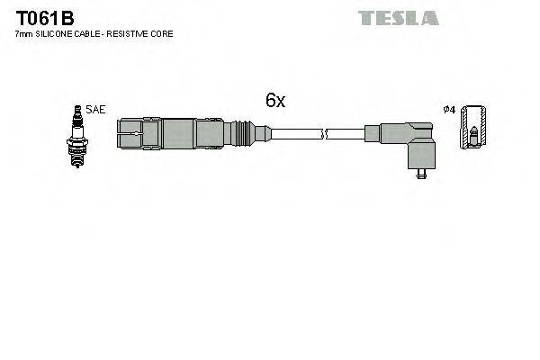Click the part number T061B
40,18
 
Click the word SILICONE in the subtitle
57,34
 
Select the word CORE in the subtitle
163,34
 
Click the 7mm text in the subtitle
24,34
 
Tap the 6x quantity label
274,101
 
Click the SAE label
97,111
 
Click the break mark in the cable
326,135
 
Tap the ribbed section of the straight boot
238,135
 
